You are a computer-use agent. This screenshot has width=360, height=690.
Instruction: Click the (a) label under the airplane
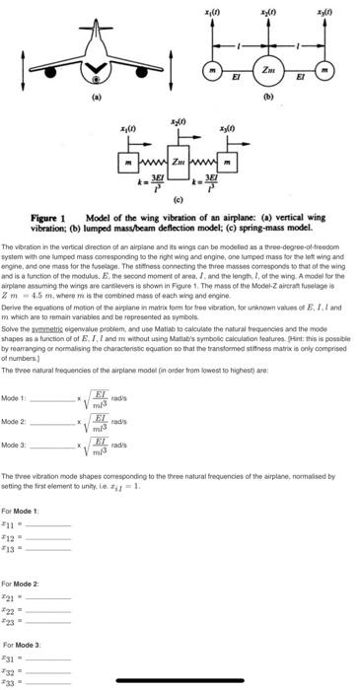(x=96, y=99)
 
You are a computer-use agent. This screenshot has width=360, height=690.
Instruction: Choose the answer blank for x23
(x=49, y=609)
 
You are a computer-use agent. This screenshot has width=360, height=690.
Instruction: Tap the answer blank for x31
(x=49, y=656)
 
